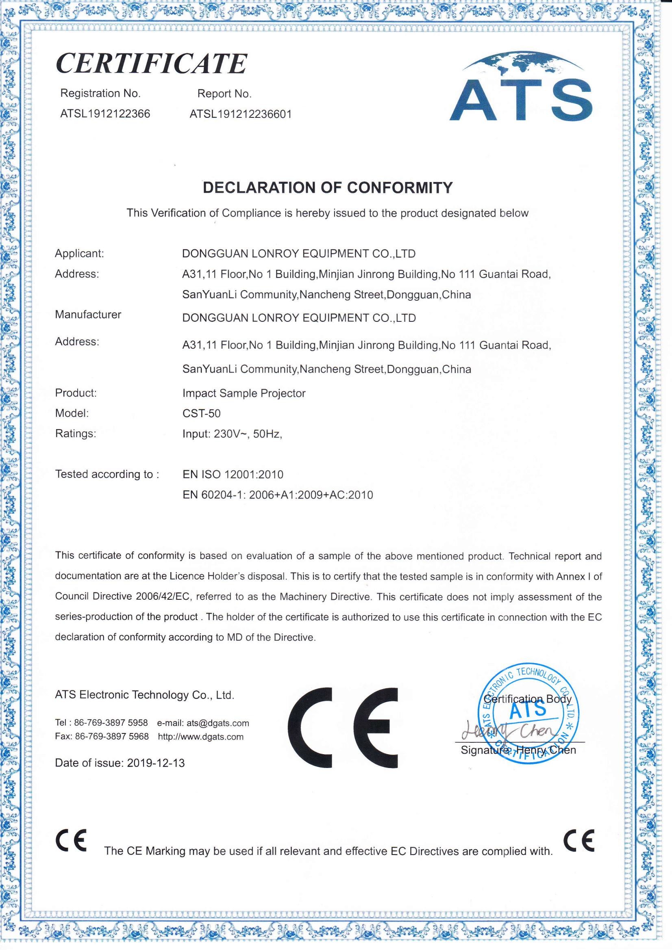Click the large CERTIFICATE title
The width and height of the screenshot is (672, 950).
151,63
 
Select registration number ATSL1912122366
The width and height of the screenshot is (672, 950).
105,114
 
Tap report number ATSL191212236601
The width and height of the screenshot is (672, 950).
241,114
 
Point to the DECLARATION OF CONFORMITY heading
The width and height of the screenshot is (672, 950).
328,188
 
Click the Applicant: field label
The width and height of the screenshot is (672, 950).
80,253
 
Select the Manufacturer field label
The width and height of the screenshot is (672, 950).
88,314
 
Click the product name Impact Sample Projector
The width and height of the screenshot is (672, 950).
244,393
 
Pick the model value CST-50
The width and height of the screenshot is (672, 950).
202,413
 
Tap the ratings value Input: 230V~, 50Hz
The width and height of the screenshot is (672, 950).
232,434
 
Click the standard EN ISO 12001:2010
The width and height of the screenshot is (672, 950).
233,474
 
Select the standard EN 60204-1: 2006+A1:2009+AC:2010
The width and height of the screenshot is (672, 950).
278,495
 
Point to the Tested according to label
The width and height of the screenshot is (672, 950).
107,474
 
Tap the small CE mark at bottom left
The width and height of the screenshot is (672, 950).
71,841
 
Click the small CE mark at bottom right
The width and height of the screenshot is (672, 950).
579,840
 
